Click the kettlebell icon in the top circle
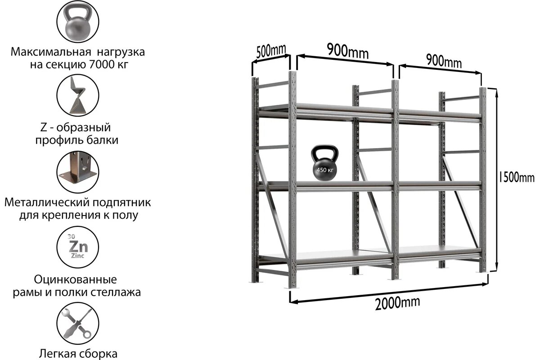coord(77,22)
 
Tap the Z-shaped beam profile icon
coord(77,96)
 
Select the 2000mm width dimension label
coord(398,302)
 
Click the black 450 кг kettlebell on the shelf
coord(324,164)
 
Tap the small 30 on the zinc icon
coord(70,236)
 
